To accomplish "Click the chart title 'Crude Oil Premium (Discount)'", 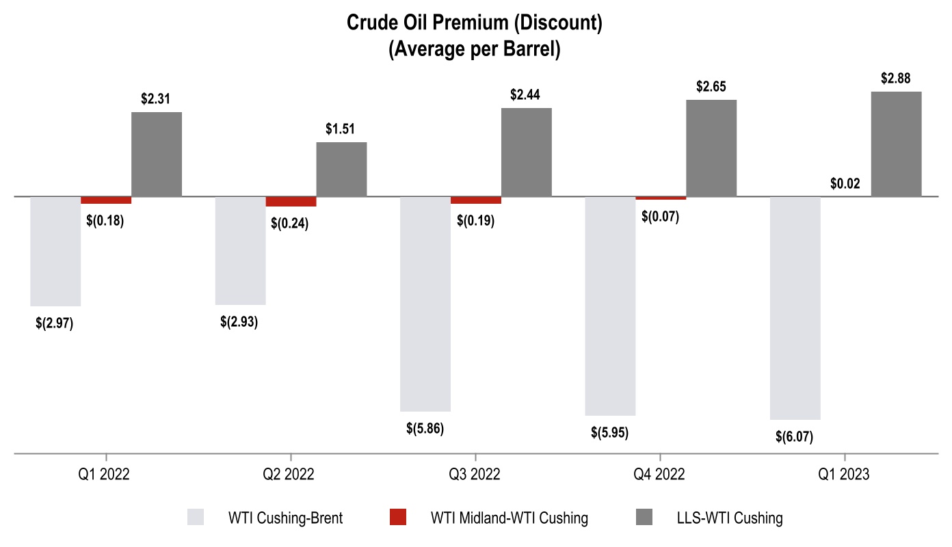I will (x=475, y=23).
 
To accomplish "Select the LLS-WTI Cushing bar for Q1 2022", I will (x=157, y=154).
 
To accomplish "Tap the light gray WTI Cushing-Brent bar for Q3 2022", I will (x=425, y=304).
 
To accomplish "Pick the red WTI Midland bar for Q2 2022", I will (x=291, y=202).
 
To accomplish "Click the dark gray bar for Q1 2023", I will (x=896, y=144).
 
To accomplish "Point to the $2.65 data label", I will (x=711, y=87).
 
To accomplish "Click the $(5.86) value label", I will (x=425, y=429).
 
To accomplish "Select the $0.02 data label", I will (x=845, y=183).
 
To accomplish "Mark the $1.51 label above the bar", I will (x=341, y=129).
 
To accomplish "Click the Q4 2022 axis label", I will (x=660, y=475).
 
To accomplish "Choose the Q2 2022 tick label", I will (x=291, y=475).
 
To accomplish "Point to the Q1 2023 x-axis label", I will (x=845, y=475).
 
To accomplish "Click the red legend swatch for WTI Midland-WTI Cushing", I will (x=397, y=518).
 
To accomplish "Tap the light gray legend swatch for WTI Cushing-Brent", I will (x=196, y=518).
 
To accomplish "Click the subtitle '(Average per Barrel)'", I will (x=475, y=50).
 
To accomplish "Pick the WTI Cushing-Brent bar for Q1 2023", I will (x=795, y=308).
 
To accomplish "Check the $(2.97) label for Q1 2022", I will (x=55, y=323).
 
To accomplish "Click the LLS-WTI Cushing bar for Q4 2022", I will (x=711, y=148).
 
